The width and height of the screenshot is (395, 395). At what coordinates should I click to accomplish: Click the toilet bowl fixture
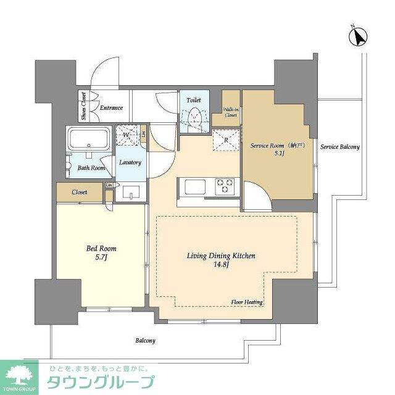click(195, 117)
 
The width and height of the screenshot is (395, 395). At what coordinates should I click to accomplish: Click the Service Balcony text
click(339, 147)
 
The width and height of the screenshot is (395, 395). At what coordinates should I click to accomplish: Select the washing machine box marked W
click(127, 135)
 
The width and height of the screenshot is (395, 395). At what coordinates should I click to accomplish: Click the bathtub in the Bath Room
click(89, 138)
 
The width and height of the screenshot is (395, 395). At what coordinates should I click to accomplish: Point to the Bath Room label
click(91, 167)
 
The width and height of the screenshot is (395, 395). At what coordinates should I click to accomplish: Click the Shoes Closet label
click(82, 106)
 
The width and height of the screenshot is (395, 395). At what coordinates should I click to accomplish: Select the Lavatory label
click(130, 163)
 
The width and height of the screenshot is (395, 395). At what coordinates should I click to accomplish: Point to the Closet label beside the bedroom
click(80, 192)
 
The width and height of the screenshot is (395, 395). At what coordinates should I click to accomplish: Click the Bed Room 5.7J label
click(101, 253)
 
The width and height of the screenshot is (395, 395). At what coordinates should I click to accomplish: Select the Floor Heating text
click(247, 302)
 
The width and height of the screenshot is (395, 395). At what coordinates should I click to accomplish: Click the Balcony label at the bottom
click(146, 341)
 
